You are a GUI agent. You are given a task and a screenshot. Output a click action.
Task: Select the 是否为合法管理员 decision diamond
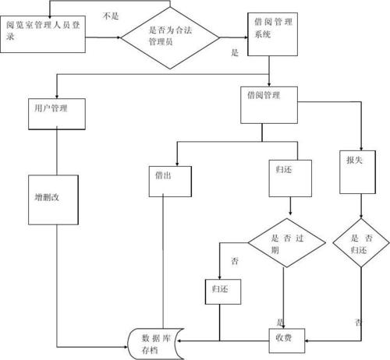(170, 34)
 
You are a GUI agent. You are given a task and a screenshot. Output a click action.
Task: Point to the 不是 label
(111, 16)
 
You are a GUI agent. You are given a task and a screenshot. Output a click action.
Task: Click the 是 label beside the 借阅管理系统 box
(234, 53)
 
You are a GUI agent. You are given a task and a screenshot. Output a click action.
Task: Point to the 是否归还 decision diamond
(360, 244)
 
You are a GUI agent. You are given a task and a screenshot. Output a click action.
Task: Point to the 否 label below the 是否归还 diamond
(358, 321)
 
